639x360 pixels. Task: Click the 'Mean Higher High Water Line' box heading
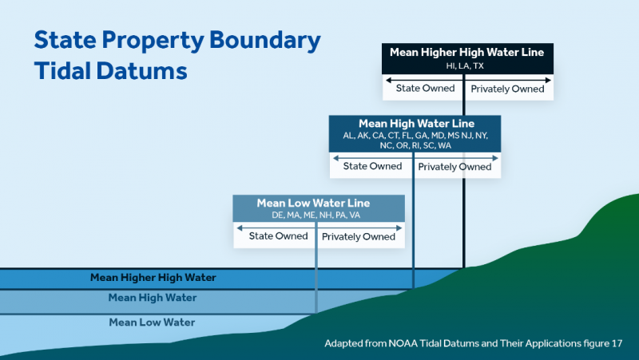pyautogui.click(x=466, y=53)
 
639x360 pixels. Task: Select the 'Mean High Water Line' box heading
pyautogui.click(x=416, y=124)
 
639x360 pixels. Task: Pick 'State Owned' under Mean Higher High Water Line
pyautogui.click(x=426, y=89)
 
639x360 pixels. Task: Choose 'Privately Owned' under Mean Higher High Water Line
pyautogui.click(x=507, y=89)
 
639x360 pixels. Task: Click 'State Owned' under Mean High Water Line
pyautogui.click(x=372, y=166)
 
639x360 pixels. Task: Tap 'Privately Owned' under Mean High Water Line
pyautogui.click(x=454, y=167)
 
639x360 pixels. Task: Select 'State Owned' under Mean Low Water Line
pyautogui.click(x=278, y=236)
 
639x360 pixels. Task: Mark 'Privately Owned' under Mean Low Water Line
pyautogui.click(x=359, y=236)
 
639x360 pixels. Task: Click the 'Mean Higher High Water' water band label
pyautogui.click(x=153, y=278)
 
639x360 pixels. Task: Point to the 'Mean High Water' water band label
pyautogui.click(x=153, y=298)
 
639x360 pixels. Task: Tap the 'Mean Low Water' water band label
pyautogui.click(x=153, y=322)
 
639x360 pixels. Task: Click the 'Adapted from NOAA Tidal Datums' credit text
pyautogui.click(x=473, y=343)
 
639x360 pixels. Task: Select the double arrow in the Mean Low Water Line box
pyautogui.click(x=318, y=228)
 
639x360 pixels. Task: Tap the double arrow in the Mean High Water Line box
pyautogui.click(x=415, y=158)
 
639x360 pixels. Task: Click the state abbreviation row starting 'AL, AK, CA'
pyautogui.click(x=415, y=136)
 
